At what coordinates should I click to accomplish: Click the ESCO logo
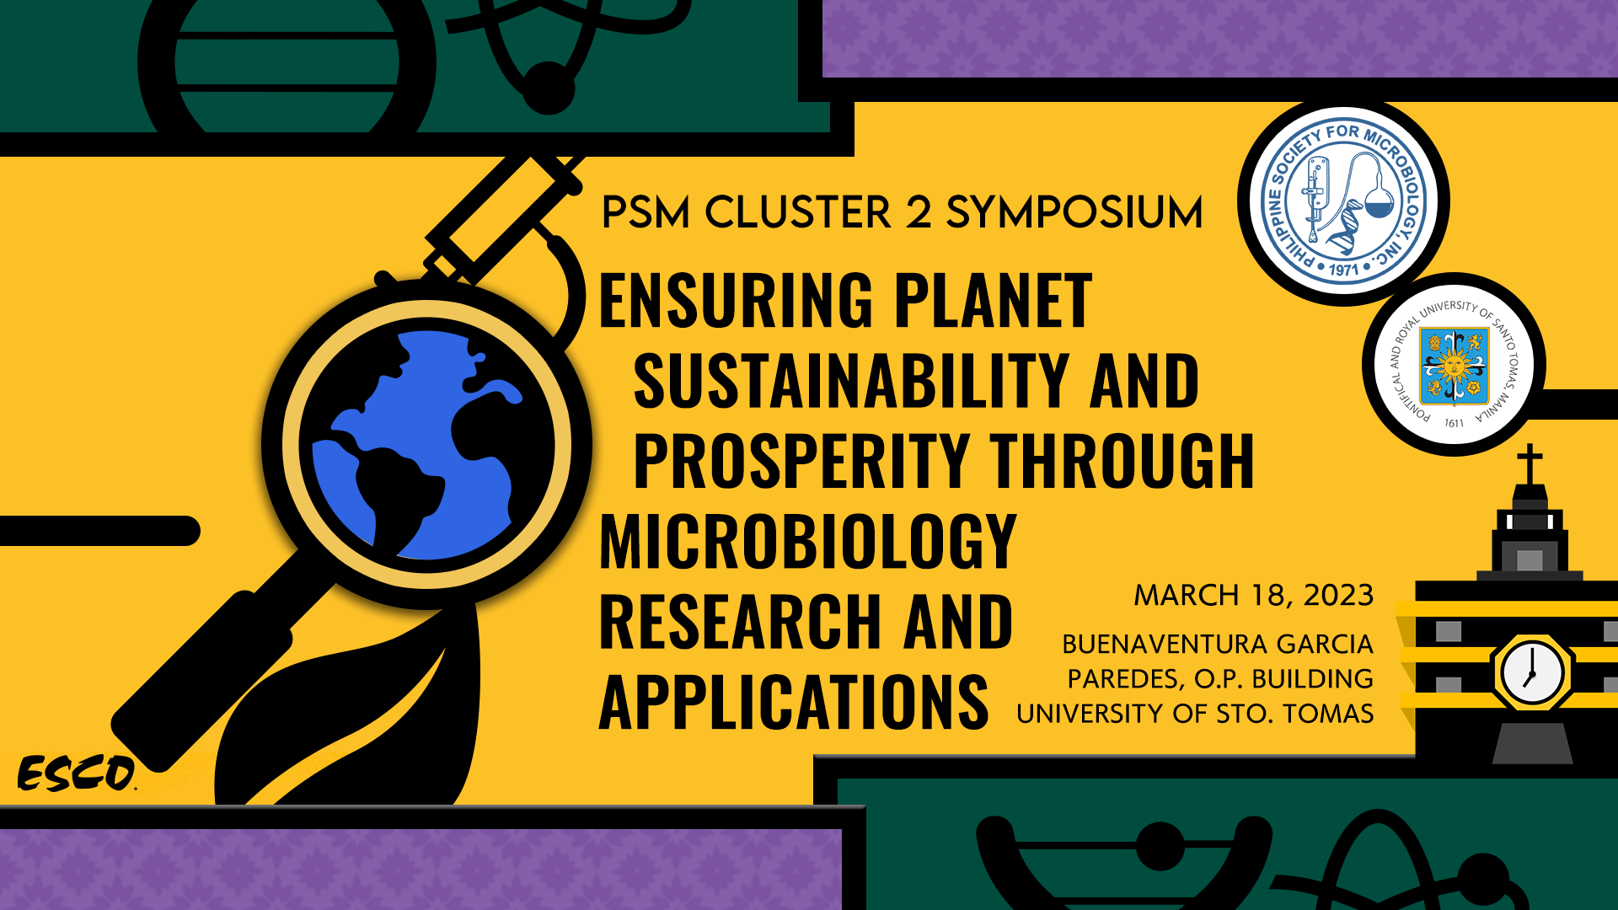tap(76, 773)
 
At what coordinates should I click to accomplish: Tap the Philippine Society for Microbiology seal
tap(1343, 201)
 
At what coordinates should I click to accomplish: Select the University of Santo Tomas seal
tap(1454, 365)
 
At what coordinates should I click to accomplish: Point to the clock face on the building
tap(1532, 673)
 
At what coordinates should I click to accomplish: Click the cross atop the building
tap(1530, 463)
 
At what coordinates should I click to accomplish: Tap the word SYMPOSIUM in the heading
tap(1074, 212)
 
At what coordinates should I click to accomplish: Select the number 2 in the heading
tap(918, 212)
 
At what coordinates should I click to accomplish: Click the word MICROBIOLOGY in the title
tap(807, 542)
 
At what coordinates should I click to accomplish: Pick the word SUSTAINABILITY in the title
tap(851, 381)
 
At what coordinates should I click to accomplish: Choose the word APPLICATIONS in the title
tap(793, 702)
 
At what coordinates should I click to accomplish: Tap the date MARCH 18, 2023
tap(1253, 595)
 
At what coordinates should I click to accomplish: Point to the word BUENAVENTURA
tap(1165, 645)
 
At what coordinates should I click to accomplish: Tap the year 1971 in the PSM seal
tap(1344, 270)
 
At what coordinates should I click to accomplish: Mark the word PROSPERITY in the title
tap(801, 461)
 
